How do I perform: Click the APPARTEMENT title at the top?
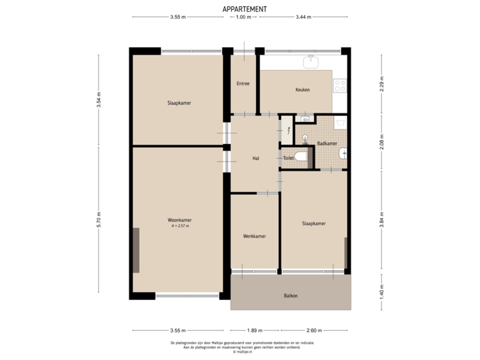pos(244,9)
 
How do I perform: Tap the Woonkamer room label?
pos(179,220)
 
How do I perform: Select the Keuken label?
pos(303,90)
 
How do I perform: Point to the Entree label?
pos(243,83)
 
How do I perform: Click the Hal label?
pos(255,159)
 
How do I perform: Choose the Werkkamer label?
pos(255,236)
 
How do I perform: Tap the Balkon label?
pos(291,296)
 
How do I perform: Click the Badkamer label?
pos(327,143)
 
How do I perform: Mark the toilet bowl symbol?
pos(301,157)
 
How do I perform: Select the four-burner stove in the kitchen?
pos(340,85)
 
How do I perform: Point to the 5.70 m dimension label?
pos(99,220)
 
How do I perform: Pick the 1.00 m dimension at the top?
pos(243,17)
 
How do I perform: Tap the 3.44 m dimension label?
pos(303,17)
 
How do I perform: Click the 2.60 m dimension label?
pos(315,330)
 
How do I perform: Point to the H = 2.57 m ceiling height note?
pos(180,227)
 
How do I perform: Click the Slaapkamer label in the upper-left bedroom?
pos(177,103)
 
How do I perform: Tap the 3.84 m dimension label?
pos(381,220)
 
